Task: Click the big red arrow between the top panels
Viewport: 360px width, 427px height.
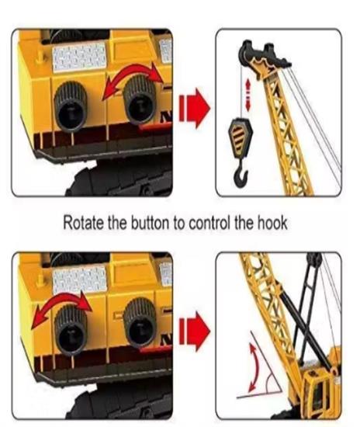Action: [194, 108]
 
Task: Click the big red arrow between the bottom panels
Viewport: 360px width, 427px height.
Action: [194, 332]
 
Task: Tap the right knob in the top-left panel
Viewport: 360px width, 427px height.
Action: [140, 99]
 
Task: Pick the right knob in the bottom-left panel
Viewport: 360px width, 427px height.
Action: [140, 323]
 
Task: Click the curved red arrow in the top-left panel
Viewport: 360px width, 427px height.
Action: [134, 68]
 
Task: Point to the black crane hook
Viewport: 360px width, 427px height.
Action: [241, 174]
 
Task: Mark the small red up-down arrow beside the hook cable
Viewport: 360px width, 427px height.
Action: [247, 95]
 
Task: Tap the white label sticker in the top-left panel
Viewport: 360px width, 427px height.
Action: [79, 57]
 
